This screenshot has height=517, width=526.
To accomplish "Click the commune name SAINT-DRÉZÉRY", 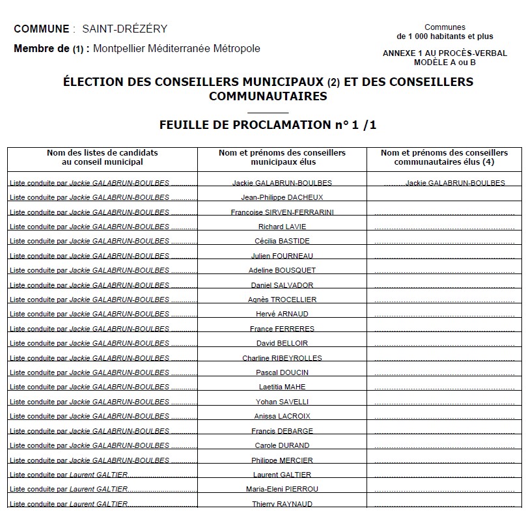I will (124, 29).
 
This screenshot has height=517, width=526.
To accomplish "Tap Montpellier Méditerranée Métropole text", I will (176, 49).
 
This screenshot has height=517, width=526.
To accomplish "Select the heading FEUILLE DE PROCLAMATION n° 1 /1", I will (268, 125).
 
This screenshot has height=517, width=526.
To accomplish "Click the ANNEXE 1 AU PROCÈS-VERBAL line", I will (445, 53).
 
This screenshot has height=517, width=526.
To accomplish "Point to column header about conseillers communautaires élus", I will (444, 157).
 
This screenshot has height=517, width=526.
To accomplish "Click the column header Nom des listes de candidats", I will (102, 157).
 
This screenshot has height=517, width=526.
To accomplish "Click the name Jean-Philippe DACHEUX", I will (282, 197).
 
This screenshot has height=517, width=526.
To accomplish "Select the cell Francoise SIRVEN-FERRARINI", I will (282, 212).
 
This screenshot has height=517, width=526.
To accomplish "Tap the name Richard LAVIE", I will (282, 227).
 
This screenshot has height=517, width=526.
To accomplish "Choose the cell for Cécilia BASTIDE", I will (282, 241).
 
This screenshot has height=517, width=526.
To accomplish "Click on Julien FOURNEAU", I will (282, 256).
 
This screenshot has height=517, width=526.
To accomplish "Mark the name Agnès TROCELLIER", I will (282, 300).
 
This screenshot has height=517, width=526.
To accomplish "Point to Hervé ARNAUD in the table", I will (282, 314).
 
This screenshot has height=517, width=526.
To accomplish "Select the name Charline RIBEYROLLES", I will (282, 358).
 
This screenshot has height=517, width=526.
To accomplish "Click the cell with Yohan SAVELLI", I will (282, 402).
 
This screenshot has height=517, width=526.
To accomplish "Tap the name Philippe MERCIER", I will (282, 460).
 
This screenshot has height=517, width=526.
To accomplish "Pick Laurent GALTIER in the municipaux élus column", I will (282, 475).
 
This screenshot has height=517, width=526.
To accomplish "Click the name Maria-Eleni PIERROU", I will (282, 489).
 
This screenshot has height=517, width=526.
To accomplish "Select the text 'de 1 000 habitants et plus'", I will (445, 36).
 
